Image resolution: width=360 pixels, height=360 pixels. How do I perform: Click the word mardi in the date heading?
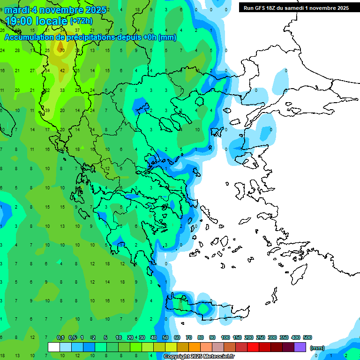tap(18, 10)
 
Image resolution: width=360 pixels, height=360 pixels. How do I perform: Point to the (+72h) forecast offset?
tap(81, 21)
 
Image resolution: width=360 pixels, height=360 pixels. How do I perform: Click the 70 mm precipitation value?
tap(62, 50)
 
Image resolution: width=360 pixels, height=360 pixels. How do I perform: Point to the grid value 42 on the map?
tap(62, 70)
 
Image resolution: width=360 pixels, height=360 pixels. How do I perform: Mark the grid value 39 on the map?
tap(47, 110)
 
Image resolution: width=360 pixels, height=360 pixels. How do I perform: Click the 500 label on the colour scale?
tap(307, 337)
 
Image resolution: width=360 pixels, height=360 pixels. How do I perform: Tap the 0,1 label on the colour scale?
tap(60, 337)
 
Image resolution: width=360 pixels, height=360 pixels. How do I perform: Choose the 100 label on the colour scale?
tap(225, 337)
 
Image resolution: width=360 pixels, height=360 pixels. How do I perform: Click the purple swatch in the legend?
tap(300, 347)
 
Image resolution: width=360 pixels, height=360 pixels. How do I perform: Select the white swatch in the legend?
tap(54, 347)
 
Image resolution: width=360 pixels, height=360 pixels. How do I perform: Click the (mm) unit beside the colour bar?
tap(317, 348)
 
